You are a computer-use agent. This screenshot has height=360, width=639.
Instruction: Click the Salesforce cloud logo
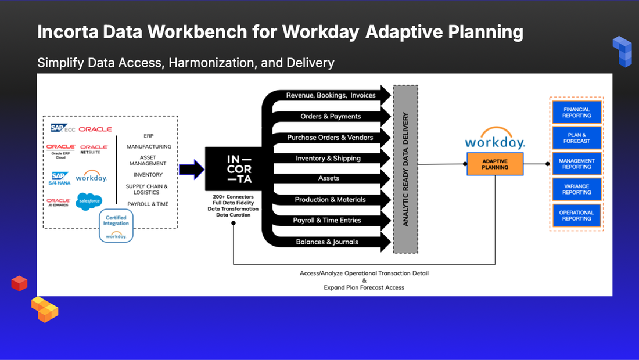[89, 200]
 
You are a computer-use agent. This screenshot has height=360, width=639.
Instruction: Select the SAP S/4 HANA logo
[60, 178]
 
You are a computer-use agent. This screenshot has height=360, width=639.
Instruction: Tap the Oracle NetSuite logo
[94, 150]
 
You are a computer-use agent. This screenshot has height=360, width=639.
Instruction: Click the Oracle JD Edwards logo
[59, 202]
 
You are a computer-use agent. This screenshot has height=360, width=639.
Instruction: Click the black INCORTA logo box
[232, 168]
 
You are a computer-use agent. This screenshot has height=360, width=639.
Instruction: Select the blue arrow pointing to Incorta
[191, 170]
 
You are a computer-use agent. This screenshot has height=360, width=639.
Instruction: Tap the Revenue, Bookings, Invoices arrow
[330, 95]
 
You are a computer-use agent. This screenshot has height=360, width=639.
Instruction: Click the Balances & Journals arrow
[327, 242]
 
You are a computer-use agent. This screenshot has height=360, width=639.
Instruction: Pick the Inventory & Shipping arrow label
[328, 158]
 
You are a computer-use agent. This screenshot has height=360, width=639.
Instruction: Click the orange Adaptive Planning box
[495, 164]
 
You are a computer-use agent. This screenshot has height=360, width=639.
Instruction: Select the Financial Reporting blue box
[576, 112]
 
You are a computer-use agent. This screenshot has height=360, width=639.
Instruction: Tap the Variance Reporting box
[576, 189]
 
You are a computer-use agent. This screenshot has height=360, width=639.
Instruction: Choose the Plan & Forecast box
[576, 138]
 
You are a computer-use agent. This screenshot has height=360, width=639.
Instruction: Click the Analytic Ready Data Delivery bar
[405, 168]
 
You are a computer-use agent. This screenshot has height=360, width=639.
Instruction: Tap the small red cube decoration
[19, 283]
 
